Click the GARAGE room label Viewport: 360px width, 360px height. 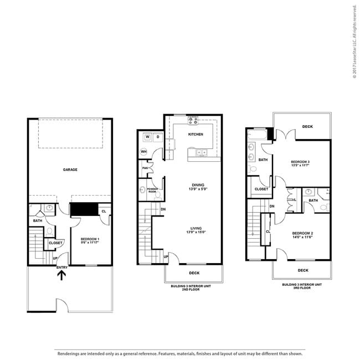click(70, 169)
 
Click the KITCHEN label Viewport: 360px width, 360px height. click(196, 134)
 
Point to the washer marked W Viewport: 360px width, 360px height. click(147, 136)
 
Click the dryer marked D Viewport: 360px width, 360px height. click(157, 136)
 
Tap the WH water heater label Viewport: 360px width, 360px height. click(143, 151)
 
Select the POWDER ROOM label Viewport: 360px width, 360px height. click(152, 189)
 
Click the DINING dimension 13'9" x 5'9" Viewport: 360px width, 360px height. click(198, 190)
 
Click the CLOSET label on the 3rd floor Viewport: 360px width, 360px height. click(261, 189)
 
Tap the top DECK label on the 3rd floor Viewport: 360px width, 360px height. click(307, 126)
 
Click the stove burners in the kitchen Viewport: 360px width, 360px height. click(193, 120)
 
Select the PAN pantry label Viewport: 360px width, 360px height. click(145, 168)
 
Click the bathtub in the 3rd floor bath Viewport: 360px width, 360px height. click(258, 135)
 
